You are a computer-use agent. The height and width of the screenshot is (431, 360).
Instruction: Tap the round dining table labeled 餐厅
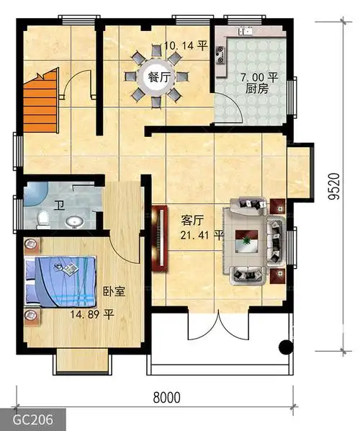pos(156,77)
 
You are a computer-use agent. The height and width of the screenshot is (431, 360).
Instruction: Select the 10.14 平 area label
pos(186,45)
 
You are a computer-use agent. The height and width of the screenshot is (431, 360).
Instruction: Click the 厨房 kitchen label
pos(257,89)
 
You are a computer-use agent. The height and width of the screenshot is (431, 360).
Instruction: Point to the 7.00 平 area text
pos(259,77)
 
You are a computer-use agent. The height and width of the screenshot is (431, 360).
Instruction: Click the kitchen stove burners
pos(220,55)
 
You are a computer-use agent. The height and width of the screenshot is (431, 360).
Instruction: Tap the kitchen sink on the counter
pos(246,31)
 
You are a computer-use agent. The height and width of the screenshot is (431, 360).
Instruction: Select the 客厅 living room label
pos(192,221)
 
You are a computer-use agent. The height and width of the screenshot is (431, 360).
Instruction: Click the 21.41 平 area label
pos(202,235)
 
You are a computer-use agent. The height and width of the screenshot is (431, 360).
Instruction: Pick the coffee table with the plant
pos(246,241)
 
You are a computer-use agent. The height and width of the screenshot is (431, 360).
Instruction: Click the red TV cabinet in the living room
pos(160,239)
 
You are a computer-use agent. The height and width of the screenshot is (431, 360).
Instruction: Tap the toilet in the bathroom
pos(43,219)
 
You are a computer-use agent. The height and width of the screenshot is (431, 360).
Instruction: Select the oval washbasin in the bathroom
pos(74,222)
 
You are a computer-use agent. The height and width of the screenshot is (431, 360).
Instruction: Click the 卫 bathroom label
pos(59,205)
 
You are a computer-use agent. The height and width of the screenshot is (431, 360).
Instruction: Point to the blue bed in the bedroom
pos(60,281)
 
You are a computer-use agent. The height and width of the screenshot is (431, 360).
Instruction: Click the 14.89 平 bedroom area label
pos(92,314)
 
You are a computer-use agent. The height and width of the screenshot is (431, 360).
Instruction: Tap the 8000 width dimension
pos(167,397)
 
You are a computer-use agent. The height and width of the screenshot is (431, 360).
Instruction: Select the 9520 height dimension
pos(335,186)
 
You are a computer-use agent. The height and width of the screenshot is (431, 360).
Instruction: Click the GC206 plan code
pos(32,419)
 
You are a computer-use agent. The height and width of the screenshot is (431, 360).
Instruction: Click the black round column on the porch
pos(286,347)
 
